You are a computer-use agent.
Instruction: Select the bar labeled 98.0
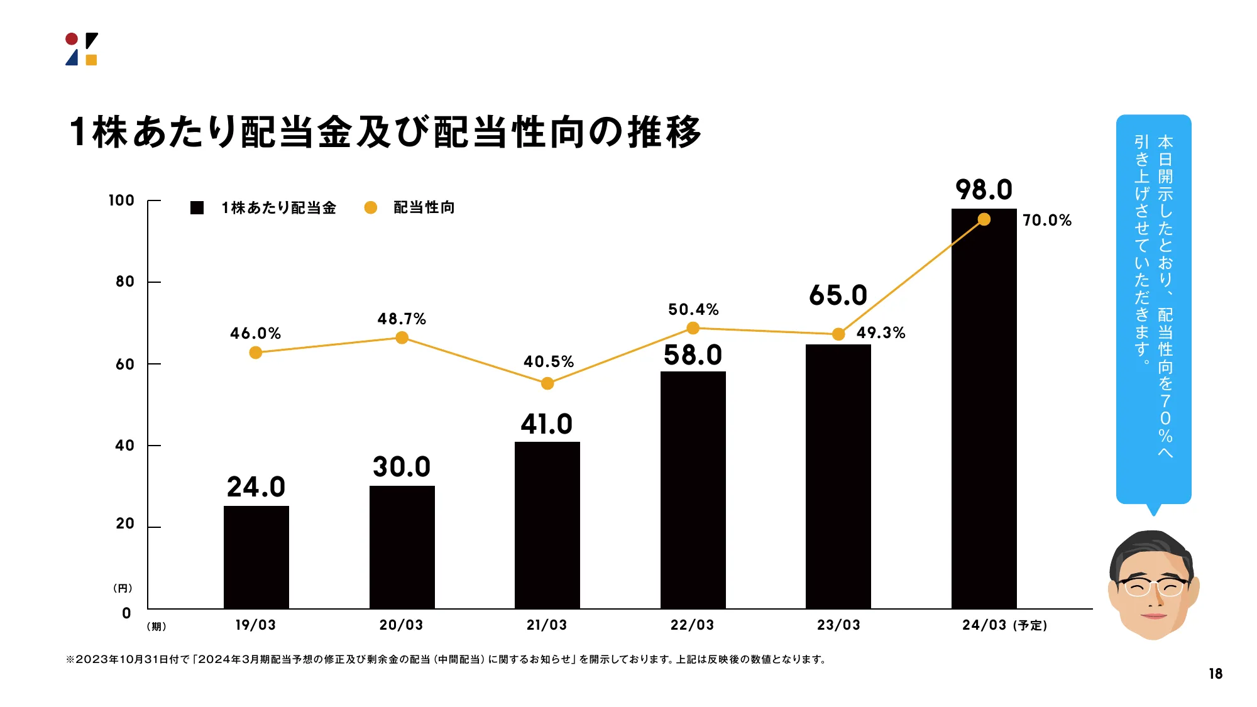[x=984, y=408]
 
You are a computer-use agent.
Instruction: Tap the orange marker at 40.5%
[x=547, y=383]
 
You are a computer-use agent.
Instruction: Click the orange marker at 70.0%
[x=984, y=219]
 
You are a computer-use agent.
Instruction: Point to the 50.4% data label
[x=693, y=309]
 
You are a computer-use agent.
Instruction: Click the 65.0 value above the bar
[x=838, y=295]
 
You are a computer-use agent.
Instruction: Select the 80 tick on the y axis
[x=124, y=282]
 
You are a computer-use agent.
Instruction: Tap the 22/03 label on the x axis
[x=692, y=625]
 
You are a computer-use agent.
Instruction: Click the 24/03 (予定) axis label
[x=1004, y=625]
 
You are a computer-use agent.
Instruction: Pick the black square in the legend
[x=197, y=207]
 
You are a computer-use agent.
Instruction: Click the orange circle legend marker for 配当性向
[x=371, y=207]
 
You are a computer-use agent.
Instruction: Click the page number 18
[x=1215, y=674]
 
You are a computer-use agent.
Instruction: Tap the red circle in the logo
[x=72, y=39]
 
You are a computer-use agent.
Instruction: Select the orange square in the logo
[x=91, y=60]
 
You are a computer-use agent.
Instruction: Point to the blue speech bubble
[x=1153, y=308]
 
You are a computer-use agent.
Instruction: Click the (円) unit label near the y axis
[x=123, y=588]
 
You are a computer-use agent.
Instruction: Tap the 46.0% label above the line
[x=255, y=333]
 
